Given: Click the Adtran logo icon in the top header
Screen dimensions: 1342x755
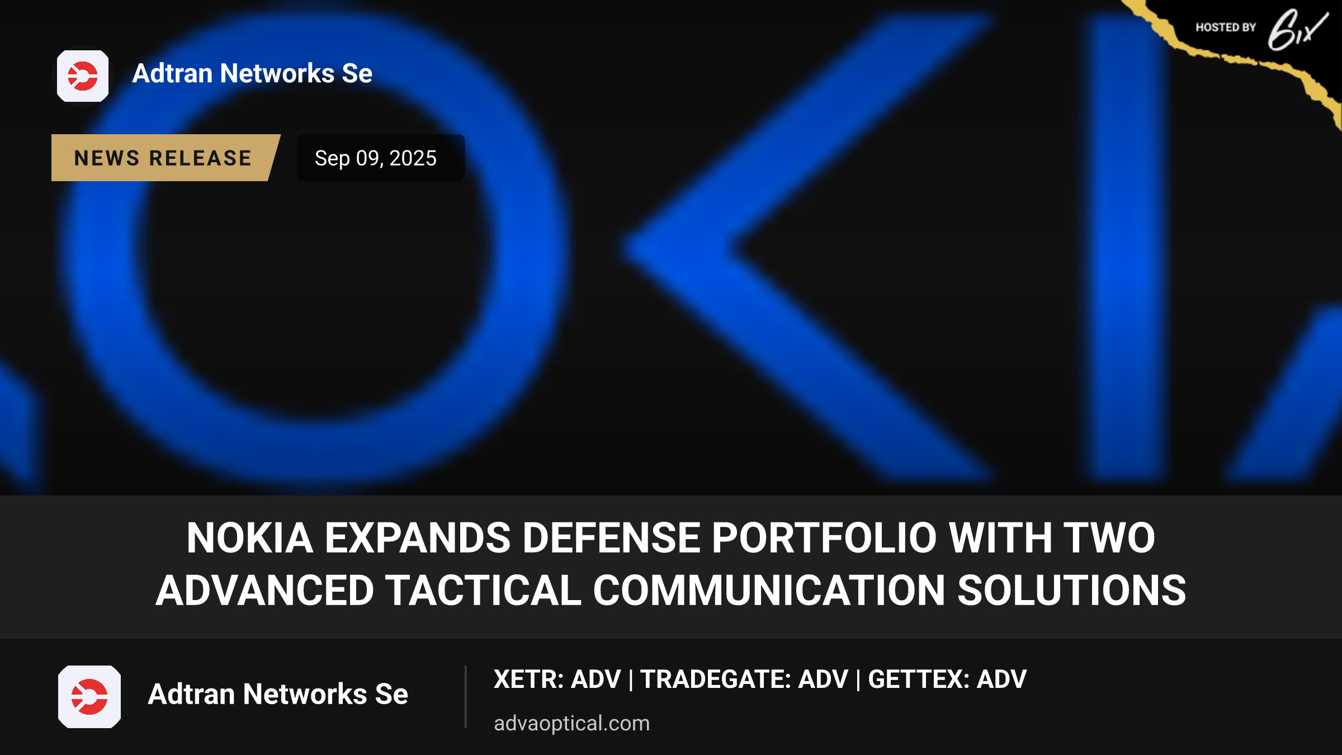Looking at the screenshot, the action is click(x=83, y=76).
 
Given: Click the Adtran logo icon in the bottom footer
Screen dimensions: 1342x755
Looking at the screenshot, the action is click(x=89, y=697).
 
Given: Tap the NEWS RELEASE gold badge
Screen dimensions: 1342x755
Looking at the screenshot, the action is click(x=163, y=158).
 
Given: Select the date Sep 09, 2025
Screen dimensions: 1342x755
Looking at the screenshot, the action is click(x=376, y=158).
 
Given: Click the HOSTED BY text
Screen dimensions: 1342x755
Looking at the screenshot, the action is click(x=1226, y=27).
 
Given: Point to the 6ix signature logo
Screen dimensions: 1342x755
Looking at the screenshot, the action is click(x=1297, y=30).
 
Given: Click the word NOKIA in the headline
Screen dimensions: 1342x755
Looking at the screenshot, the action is click(x=249, y=537).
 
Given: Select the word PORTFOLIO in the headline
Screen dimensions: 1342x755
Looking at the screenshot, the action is click(x=824, y=537).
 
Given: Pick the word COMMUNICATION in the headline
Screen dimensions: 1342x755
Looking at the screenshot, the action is click(x=769, y=591).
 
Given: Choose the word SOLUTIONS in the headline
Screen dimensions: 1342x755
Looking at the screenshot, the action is click(x=1071, y=591).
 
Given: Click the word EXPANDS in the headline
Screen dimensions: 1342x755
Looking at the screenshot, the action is click(x=418, y=537).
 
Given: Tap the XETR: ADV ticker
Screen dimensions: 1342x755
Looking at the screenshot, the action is click(x=557, y=679).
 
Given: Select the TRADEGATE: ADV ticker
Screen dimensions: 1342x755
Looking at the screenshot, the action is click(x=744, y=679).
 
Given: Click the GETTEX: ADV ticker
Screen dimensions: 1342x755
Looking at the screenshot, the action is click(x=947, y=679).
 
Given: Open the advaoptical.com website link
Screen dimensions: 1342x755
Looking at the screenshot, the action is click(x=571, y=723).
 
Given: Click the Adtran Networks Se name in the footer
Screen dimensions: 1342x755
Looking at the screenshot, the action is click(x=278, y=694).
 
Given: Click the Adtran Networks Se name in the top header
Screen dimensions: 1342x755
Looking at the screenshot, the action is click(x=252, y=73).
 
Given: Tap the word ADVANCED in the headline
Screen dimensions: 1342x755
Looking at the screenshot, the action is click(x=265, y=591).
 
